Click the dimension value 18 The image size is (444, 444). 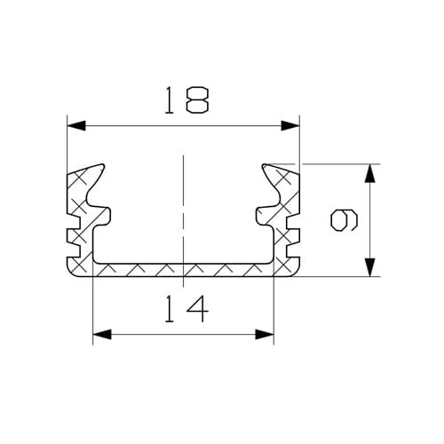point(184,99)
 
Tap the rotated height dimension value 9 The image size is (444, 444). point(342,219)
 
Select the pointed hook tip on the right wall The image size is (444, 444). point(264,165)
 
